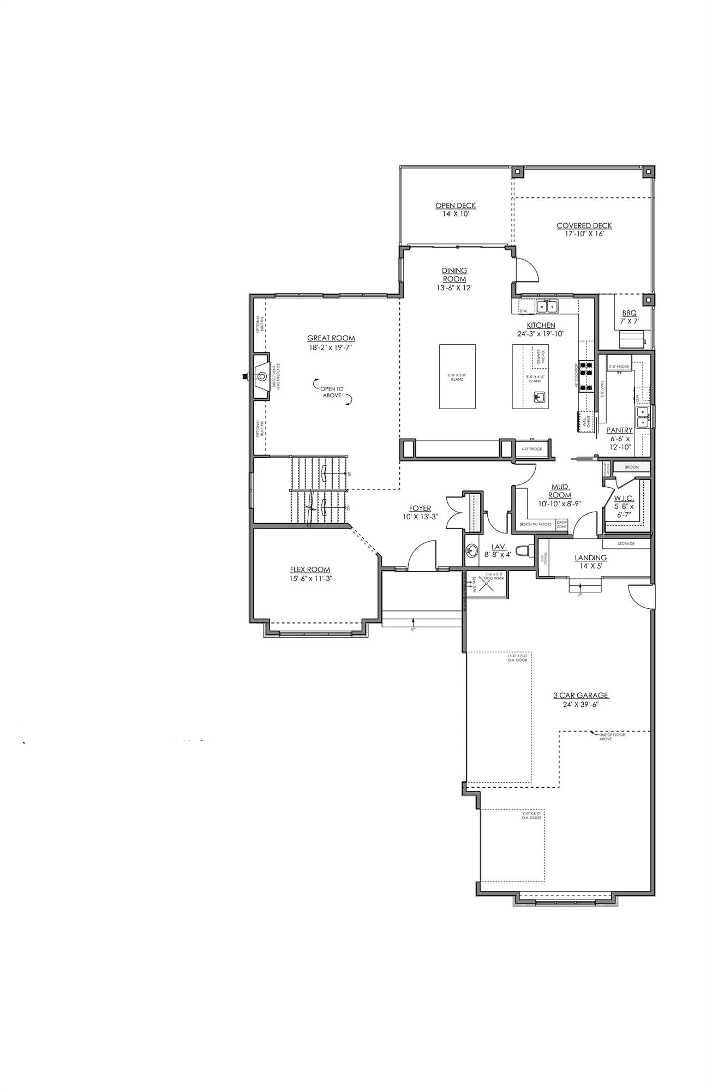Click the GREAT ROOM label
tap(331, 338)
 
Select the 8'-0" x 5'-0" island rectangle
tap(457, 376)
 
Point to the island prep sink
tap(539, 397)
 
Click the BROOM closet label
tap(632, 467)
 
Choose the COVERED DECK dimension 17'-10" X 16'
tap(584, 234)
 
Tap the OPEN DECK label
tap(455, 206)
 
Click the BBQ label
tap(629, 314)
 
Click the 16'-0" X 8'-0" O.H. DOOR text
tap(518, 658)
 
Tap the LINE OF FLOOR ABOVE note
tap(612, 737)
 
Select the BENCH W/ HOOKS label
tap(535, 524)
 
